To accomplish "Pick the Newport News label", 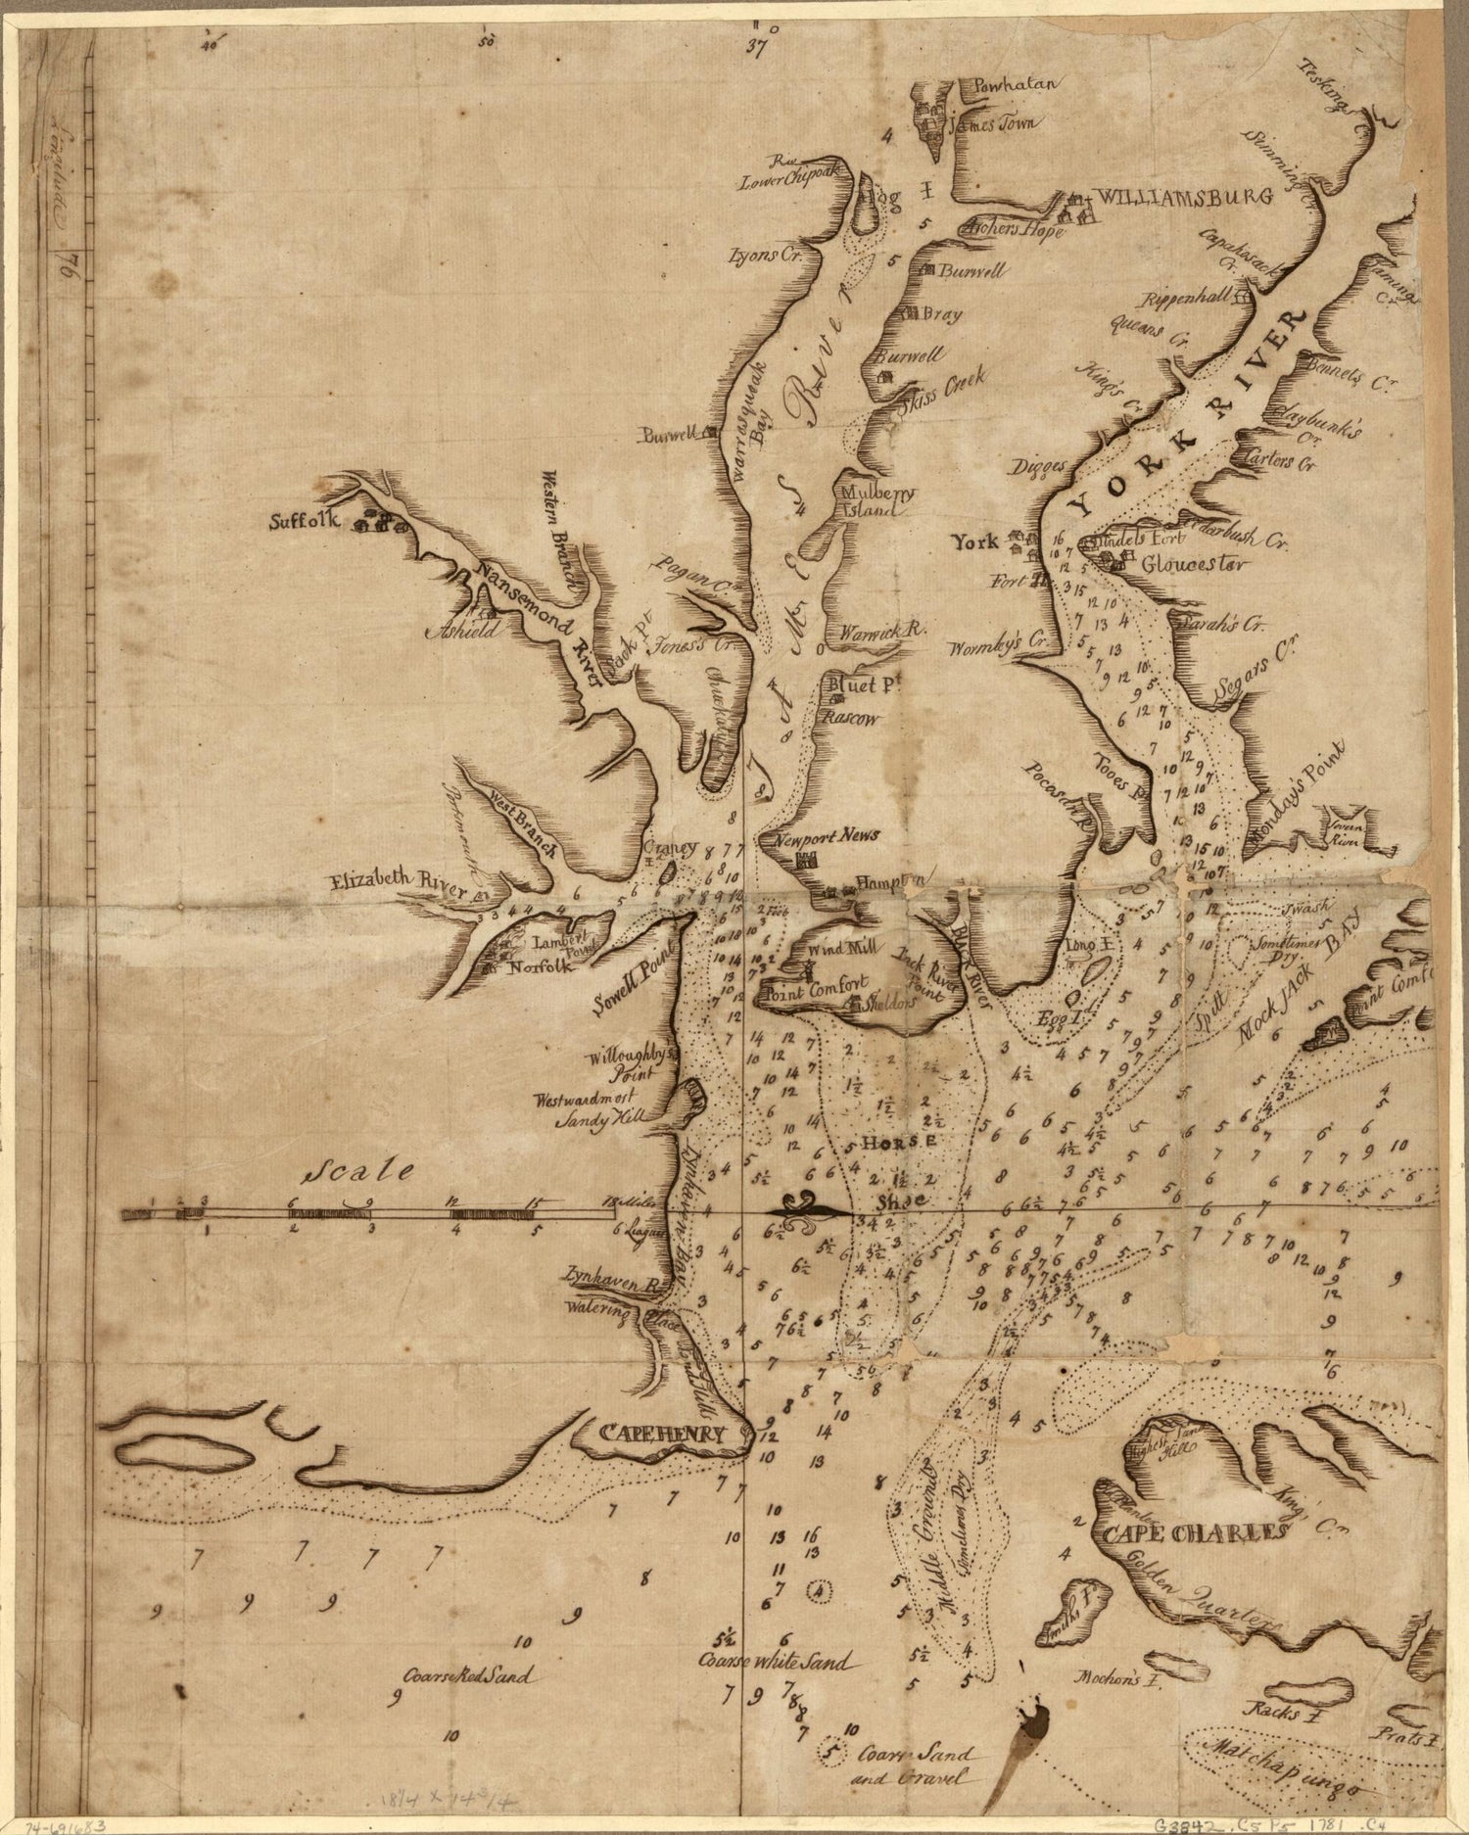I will [826, 835].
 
